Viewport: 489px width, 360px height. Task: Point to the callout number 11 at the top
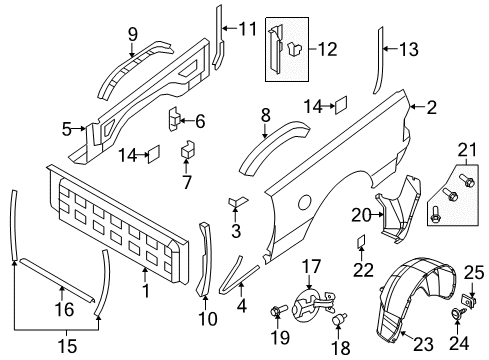click(247, 28)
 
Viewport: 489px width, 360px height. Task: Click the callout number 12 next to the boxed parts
click(328, 48)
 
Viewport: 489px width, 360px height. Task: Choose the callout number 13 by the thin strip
click(408, 48)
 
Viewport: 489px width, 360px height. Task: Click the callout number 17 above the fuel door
click(311, 267)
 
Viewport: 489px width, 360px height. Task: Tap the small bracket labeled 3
click(239, 231)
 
